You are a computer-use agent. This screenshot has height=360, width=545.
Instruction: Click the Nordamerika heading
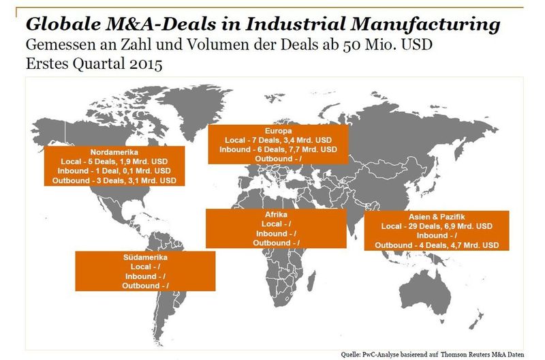pos(114,152)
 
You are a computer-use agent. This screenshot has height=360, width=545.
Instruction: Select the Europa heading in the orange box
pos(279,131)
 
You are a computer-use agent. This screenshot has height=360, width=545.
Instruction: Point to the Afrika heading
pos(277,215)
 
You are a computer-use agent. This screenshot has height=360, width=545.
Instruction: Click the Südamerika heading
pos(145,258)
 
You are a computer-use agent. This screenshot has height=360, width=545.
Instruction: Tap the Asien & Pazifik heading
pos(437,217)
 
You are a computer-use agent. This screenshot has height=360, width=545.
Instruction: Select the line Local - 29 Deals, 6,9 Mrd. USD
pos(437,226)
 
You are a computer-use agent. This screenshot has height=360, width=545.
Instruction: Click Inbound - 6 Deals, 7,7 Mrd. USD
pos(279,149)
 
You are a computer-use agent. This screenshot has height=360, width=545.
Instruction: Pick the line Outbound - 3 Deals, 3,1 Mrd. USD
pos(114,181)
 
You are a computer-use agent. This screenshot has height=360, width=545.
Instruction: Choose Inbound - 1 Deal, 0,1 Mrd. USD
pos(114,170)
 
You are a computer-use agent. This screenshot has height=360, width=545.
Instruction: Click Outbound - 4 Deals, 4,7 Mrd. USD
pos(437,245)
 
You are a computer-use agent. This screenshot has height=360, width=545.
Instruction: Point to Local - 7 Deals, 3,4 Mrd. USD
pos(279,140)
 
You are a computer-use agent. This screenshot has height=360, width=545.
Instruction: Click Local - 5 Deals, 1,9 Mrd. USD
pos(114,162)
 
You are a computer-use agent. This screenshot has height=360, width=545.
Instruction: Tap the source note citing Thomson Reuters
pos(433,355)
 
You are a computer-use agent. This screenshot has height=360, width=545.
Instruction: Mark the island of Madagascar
pos(312,281)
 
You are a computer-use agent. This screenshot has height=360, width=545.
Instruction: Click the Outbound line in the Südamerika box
pos(145,286)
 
